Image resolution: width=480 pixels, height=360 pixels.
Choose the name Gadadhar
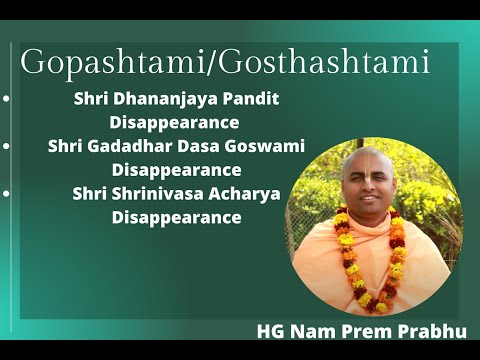click(129, 146)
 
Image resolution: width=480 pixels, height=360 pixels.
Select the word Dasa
click(197, 146)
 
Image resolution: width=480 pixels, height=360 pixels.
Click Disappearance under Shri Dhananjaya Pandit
click(174, 123)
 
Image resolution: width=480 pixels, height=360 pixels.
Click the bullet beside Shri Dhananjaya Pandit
click(7, 101)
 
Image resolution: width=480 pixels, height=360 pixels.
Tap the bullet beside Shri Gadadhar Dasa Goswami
click(7, 146)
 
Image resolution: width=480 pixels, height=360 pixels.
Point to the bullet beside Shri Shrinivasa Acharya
click(7, 193)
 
